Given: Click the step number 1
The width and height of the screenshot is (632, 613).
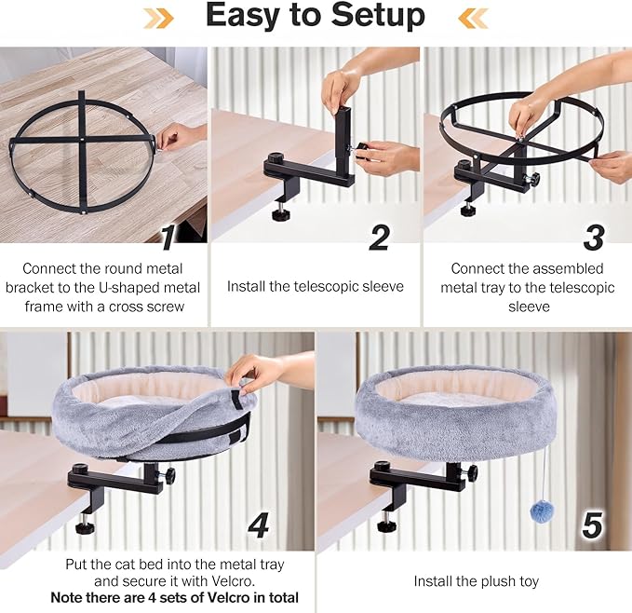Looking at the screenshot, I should (168, 238).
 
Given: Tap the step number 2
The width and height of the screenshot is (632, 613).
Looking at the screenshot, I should (379, 238).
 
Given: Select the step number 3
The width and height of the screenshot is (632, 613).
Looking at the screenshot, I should (592, 238).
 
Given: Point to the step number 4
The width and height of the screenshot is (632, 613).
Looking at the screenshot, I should (258, 526).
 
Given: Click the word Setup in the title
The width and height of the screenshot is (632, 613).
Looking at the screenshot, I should (370, 17).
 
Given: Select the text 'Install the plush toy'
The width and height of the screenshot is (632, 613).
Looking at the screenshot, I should (476, 581).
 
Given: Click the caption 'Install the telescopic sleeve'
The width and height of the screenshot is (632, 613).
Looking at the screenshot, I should (316, 286).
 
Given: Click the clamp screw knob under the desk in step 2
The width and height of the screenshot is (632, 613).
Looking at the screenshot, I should (280, 214).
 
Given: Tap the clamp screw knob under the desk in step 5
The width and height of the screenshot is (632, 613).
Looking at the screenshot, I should (386, 525).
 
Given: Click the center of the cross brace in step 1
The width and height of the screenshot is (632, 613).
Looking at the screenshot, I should (81, 139).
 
